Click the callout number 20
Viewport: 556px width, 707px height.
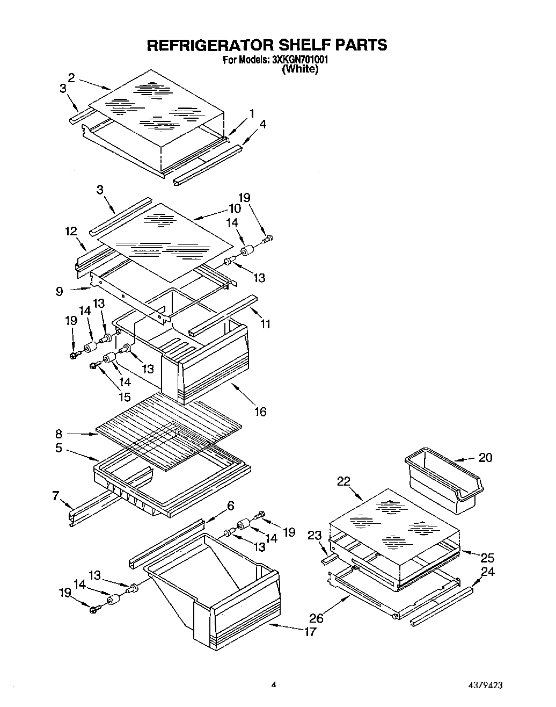tap(485, 458)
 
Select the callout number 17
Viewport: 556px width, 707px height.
tap(310, 632)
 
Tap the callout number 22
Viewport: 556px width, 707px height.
tap(343, 481)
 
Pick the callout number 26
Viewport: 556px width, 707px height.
tap(316, 618)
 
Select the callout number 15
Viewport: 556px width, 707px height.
tap(125, 397)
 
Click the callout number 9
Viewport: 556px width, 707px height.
tap(59, 291)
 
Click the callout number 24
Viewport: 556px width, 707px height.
tap(487, 572)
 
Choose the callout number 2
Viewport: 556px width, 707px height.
tap(71, 76)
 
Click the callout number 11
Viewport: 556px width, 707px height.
tap(266, 324)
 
